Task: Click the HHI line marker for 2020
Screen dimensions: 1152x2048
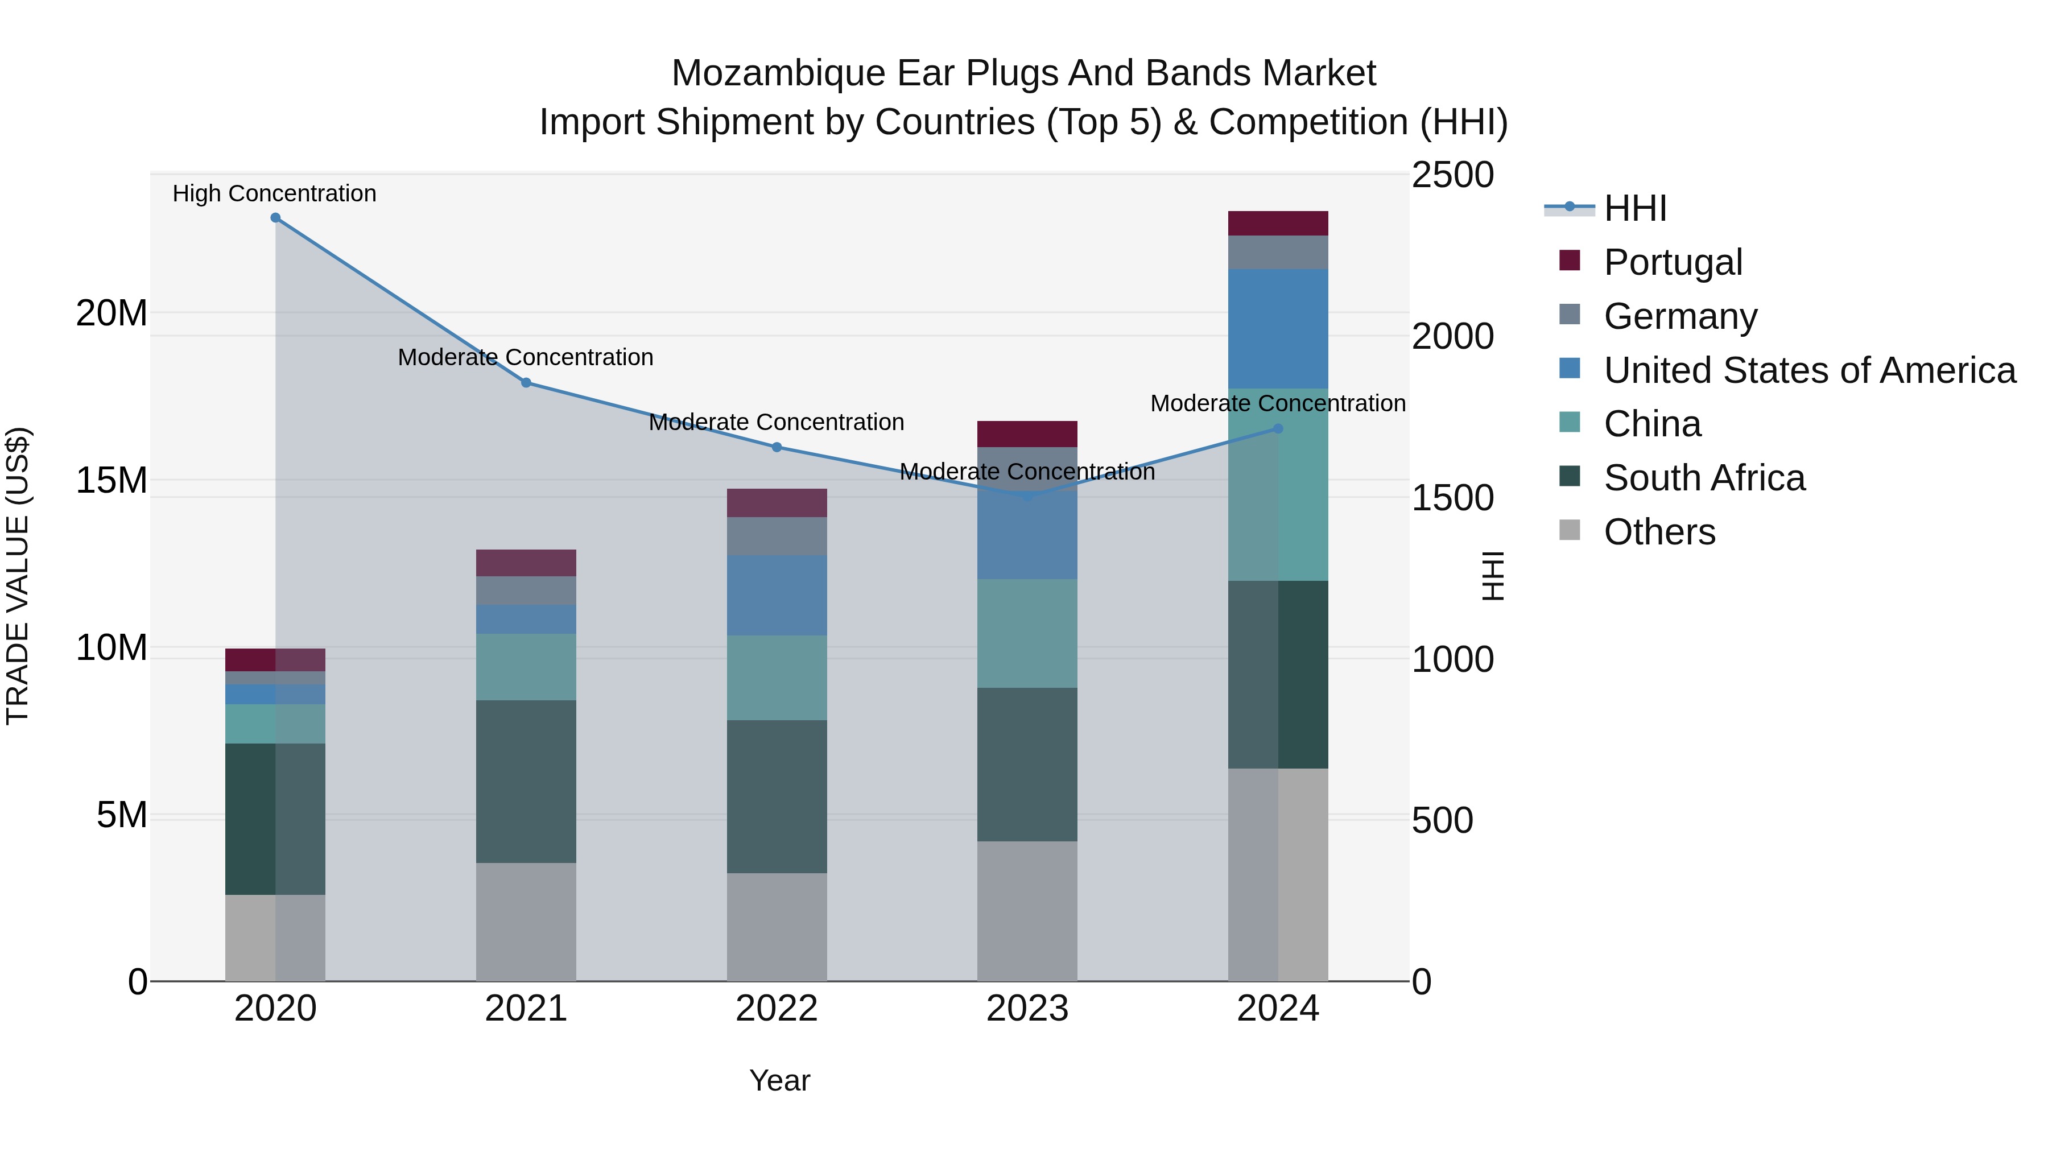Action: coord(275,218)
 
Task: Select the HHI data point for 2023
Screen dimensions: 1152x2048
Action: coord(1027,496)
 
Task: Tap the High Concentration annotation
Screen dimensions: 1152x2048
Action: coord(274,194)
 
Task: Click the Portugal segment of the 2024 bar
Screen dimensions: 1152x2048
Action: coord(1278,224)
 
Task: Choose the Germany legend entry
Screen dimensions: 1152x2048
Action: coord(1680,316)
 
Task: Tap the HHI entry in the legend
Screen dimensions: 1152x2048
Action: coord(1634,208)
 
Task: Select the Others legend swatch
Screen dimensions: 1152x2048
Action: coord(1570,530)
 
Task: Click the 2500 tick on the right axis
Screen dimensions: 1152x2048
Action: coord(1452,176)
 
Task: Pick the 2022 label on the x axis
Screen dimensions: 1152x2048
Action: coord(777,1009)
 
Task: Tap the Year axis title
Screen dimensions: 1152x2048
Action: coord(779,1080)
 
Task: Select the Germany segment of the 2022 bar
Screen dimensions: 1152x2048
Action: coord(777,536)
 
